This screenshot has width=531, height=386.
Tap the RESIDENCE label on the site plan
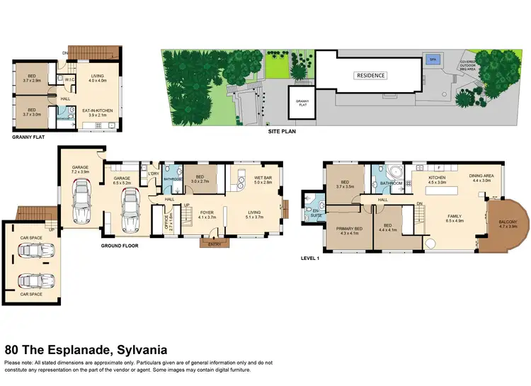pos(370,75)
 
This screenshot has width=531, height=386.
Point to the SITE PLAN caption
pos(281,131)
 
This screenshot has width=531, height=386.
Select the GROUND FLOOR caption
pos(118,246)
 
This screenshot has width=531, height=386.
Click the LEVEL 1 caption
pos(310,259)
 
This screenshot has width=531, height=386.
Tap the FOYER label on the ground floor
pos(207,212)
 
